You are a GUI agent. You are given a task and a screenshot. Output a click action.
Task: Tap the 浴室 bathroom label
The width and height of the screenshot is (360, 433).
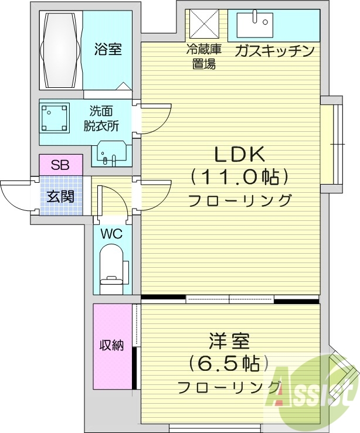(108, 49)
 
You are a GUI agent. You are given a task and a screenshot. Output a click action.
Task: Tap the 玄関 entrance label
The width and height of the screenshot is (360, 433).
(60, 196)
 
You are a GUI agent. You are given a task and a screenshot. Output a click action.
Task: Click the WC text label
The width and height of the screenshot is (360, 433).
(111, 233)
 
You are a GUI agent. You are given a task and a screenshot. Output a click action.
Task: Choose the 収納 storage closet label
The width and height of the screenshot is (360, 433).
(111, 345)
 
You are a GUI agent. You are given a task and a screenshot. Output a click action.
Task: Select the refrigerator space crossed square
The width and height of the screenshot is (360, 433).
(203, 24)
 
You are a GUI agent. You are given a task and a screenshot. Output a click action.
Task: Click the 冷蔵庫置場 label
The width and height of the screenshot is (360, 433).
(203, 57)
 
